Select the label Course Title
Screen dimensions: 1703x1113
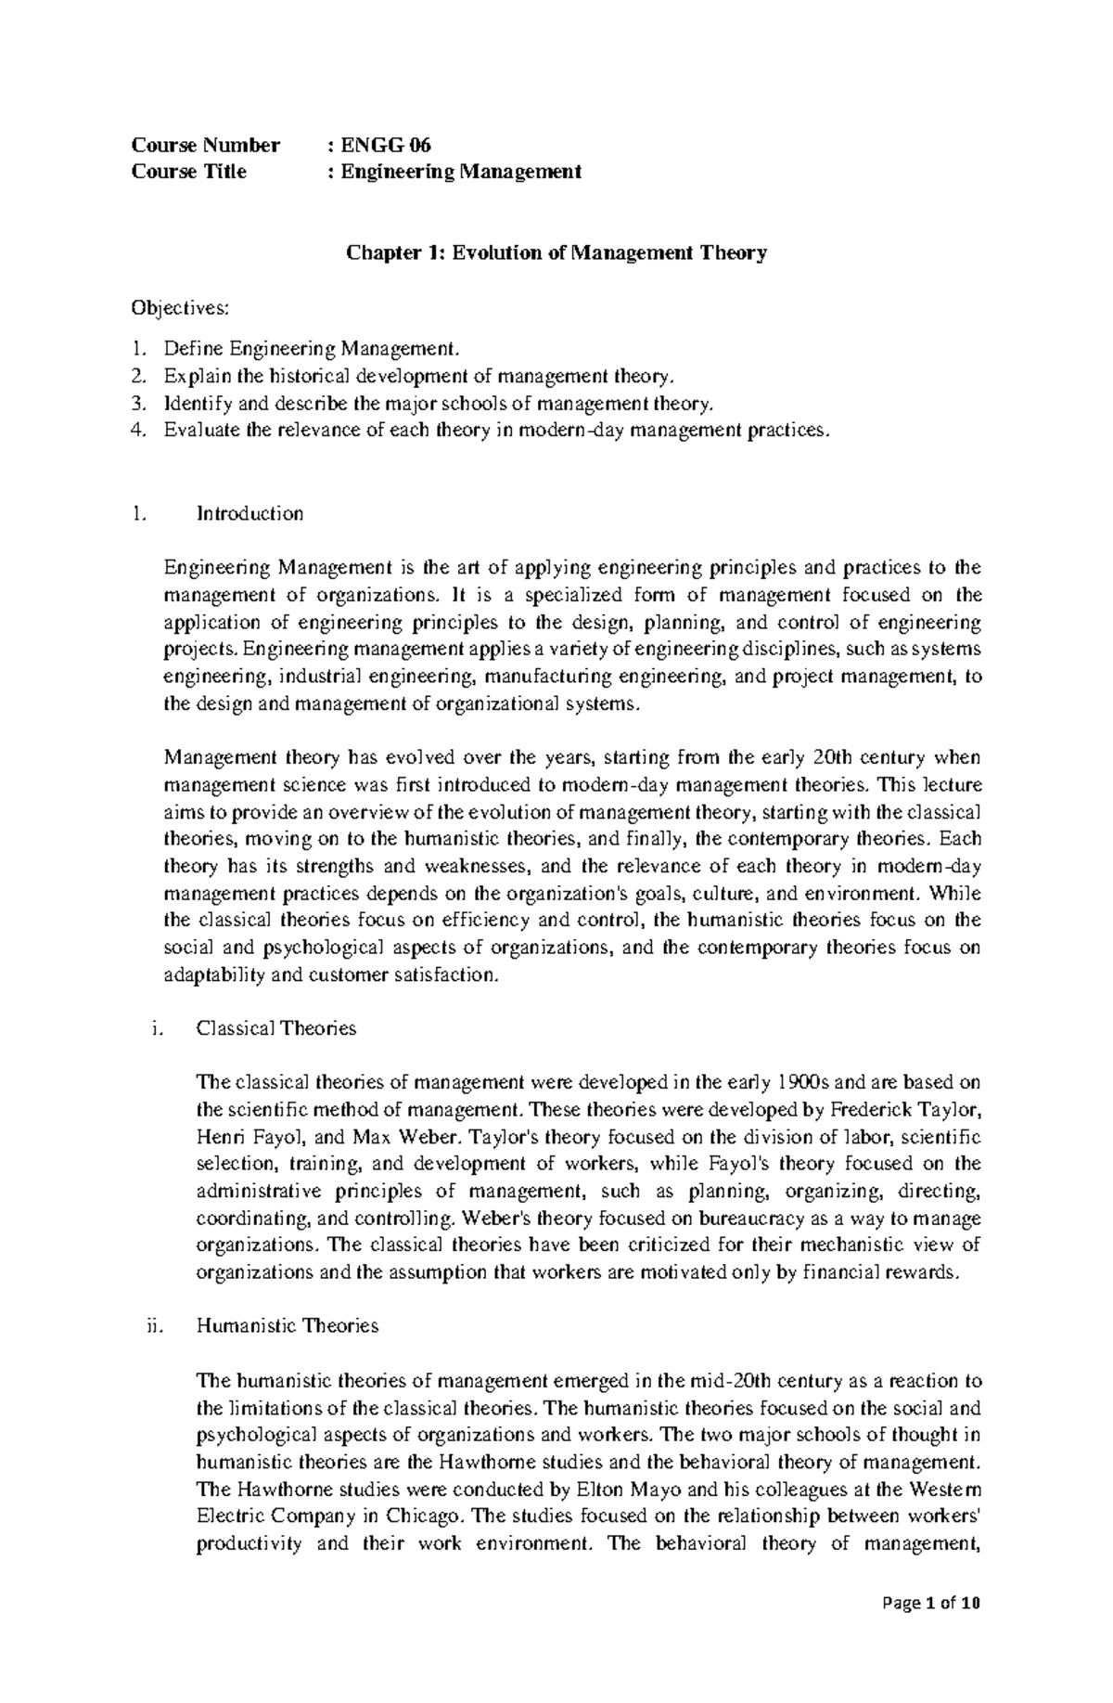pos(189,171)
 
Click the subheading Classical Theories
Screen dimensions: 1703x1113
pos(276,1027)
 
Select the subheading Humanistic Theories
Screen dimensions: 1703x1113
pos(288,1325)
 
